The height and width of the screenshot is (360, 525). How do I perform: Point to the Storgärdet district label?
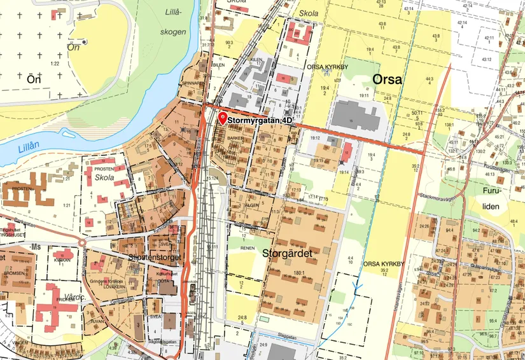287,253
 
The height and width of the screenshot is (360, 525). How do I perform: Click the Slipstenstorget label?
155,258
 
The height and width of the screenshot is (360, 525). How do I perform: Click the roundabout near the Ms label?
82,242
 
